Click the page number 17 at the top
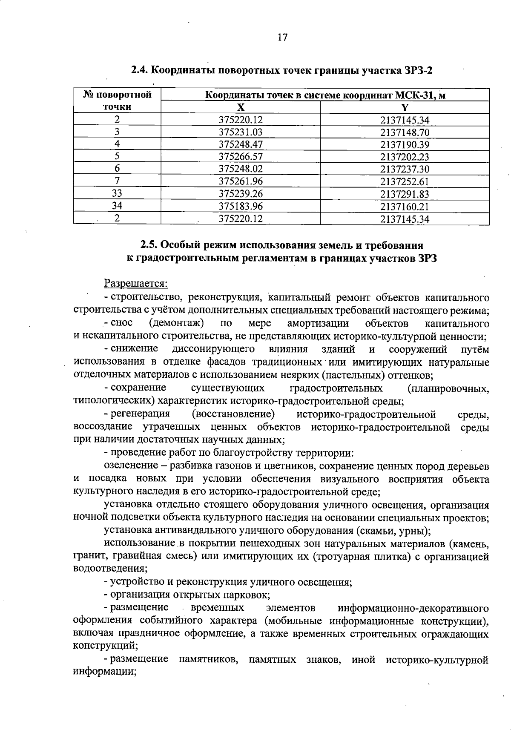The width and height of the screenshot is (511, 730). click(282, 37)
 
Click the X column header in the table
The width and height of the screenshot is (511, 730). click(241, 107)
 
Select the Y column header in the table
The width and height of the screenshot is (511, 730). click(405, 107)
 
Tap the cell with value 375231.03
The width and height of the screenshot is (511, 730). click(241, 132)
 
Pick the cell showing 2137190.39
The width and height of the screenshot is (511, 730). click(405, 144)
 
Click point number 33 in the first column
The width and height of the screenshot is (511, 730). click(117, 194)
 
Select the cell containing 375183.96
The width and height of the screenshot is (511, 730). click(241, 207)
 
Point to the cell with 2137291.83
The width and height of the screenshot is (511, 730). click(405, 194)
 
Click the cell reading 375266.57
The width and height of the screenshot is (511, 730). click(241, 157)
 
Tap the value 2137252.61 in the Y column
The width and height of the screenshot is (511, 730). click(405, 182)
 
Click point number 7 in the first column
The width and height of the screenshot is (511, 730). click(117, 181)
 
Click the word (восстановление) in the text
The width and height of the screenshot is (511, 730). click(233, 414)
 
